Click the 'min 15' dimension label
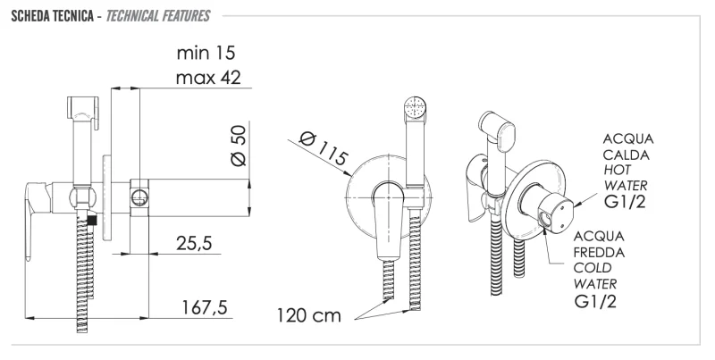click(x=206, y=53)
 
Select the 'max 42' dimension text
click(x=208, y=78)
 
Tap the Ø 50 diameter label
click(x=239, y=146)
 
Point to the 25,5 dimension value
click(x=194, y=243)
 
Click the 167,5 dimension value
click(x=205, y=307)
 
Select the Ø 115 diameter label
click(x=324, y=148)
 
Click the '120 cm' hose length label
click(x=309, y=315)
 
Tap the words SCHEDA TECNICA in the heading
click(x=53, y=16)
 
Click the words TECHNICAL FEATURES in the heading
click(x=158, y=16)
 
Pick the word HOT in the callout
click(x=618, y=170)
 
